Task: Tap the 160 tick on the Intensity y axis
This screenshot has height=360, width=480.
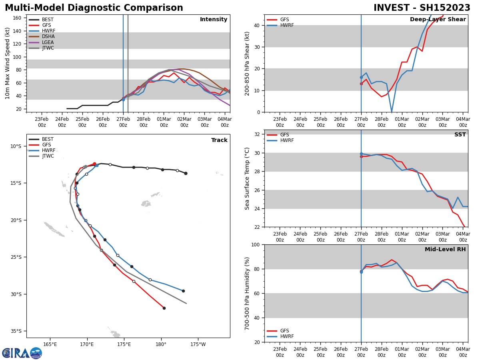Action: tap(17, 18)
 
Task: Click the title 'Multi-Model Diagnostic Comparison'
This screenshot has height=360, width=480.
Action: tap(94, 8)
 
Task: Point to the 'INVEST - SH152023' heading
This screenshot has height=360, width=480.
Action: tap(422, 8)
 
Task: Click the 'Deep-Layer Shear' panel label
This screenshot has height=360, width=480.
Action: tap(438, 20)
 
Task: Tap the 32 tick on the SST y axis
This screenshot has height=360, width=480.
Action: tap(258, 134)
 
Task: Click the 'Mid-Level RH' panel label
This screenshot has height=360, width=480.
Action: tap(445, 250)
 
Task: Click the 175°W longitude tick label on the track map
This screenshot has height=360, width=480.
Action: tap(198, 344)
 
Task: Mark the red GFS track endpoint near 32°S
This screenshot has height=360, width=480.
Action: tap(164, 308)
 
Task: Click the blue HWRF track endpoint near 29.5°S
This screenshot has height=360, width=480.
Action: tap(183, 291)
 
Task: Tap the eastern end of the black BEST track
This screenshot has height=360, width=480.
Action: tap(186, 173)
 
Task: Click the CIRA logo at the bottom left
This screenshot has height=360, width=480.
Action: tap(22, 353)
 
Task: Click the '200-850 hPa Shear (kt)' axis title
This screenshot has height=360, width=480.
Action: tap(248, 63)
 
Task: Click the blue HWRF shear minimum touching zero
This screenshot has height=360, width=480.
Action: tap(392, 112)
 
